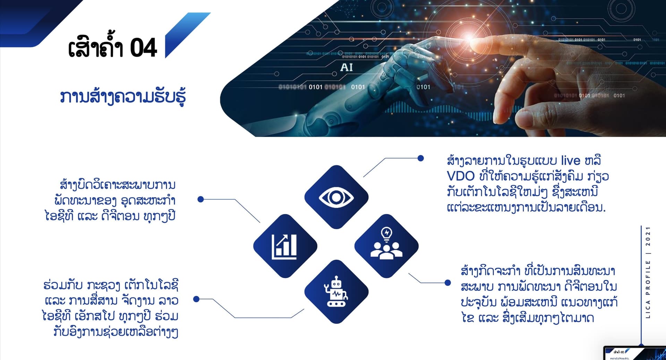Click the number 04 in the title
pyautogui.click(x=144, y=48)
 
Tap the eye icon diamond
pyautogui.click(x=336, y=197)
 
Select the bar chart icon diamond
pyautogui.click(x=285, y=246)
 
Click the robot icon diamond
pyautogui.click(x=336, y=292)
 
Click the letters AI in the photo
pyautogui.click(x=347, y=67)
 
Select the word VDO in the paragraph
pyautogui.click(x=461, y=176)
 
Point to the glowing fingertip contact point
pyautogui.click(x=469, y=38)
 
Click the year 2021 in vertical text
pyautogui.click(x=648, y=237)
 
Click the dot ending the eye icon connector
pyautogui.click(x=421, y=158)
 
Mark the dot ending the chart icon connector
pyautogui.click(x=200, y=199)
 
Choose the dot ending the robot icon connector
pyautogui.click(x=196, y=299)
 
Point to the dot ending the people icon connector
pyautogui.click(x=448, y=283)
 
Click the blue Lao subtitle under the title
pyautogui.click(x=123, y=97)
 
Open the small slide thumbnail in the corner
pyautogui.click(x=635, y=353)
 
